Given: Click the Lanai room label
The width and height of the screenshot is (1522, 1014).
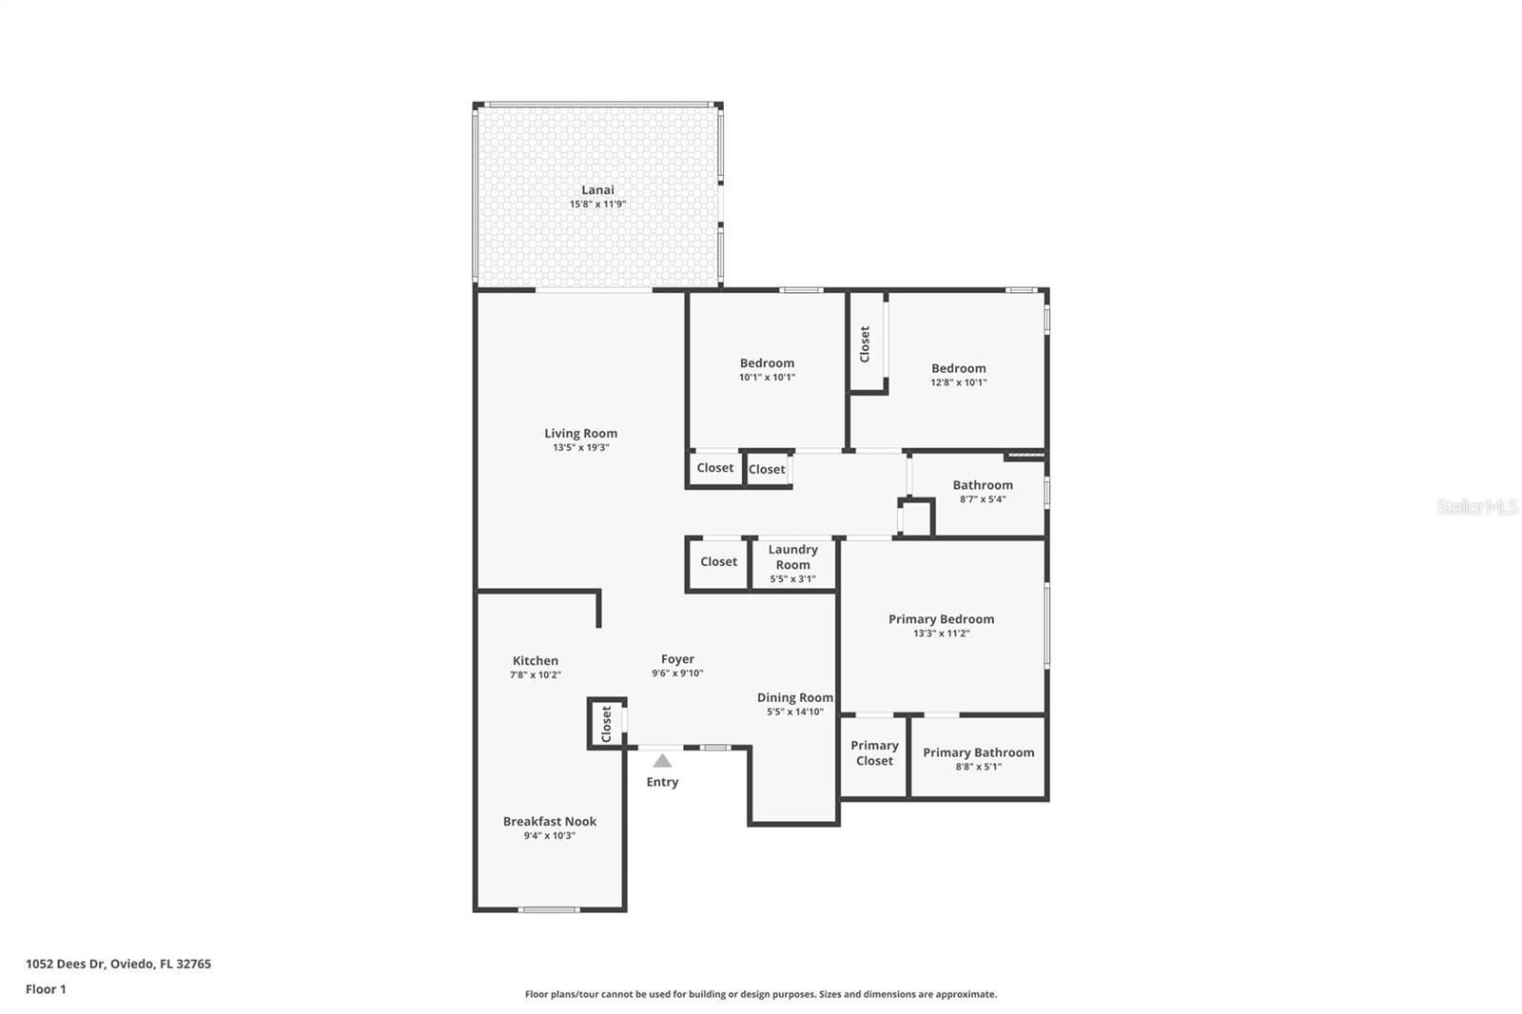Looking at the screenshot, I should point(597,190).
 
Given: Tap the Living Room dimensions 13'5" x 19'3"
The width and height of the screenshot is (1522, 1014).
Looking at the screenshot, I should point(580,447).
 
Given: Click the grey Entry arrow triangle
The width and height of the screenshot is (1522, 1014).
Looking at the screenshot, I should point(662,761).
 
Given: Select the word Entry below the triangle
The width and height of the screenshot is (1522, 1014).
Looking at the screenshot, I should point(662,782).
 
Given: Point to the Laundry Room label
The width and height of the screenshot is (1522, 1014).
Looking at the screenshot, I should point(792,556).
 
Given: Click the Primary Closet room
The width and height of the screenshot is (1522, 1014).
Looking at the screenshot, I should point(874,753).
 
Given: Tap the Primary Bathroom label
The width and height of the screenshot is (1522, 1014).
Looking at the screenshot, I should point(978,752).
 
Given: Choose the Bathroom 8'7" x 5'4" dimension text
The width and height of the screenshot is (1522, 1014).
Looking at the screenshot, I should point(982,499).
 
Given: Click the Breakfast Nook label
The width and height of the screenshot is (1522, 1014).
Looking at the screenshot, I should point(550,822).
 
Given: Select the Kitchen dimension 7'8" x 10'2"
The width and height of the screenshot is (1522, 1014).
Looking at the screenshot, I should point(535,675).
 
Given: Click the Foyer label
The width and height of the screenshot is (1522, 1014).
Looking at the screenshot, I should point(677,659).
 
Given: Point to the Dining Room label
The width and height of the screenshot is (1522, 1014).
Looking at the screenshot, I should point(794,698).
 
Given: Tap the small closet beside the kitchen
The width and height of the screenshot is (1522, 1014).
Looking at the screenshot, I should point(606,724).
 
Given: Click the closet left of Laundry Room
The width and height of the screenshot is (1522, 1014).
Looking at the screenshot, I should point(718,562).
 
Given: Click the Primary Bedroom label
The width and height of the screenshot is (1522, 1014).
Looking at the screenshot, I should point(941,619).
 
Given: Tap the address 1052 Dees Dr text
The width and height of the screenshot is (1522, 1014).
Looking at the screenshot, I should point(118,964).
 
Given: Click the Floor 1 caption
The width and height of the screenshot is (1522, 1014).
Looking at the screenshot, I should point(46,989).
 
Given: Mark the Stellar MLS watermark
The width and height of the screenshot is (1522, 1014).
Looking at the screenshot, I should point(1476,508).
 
